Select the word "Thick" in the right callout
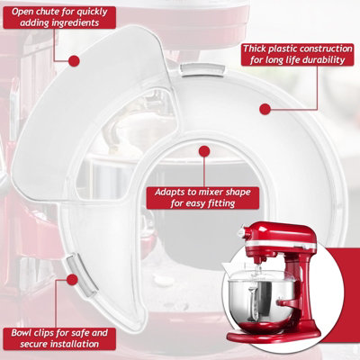[x=254, y=49]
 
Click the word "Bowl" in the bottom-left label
[x=22, y=333]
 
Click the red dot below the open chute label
[x=74, y=61]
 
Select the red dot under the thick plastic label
[x=265, y=109]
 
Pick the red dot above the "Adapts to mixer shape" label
[x=204, y=151]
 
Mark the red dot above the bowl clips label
[x=71, y=280]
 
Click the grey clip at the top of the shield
[x=202, y=70]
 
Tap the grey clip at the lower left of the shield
[x=81, y=275]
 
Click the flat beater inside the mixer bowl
[x=255, y=303]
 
